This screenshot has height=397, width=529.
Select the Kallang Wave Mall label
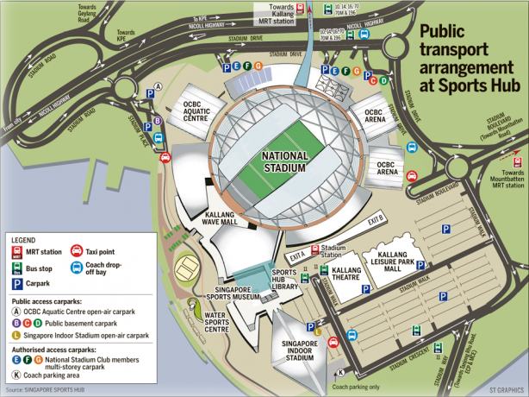coord(226,217)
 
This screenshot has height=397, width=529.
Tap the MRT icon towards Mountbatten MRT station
coord(517,161)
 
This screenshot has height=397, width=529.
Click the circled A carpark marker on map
coord(158,86)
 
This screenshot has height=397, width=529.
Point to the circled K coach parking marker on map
coord(339,372)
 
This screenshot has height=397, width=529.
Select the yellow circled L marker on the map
coord(318,331)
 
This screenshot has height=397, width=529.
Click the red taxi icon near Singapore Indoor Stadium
coord(310,321)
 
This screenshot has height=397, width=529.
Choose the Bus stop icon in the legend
coord(17,267)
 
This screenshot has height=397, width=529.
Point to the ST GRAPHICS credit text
coord(507,391)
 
